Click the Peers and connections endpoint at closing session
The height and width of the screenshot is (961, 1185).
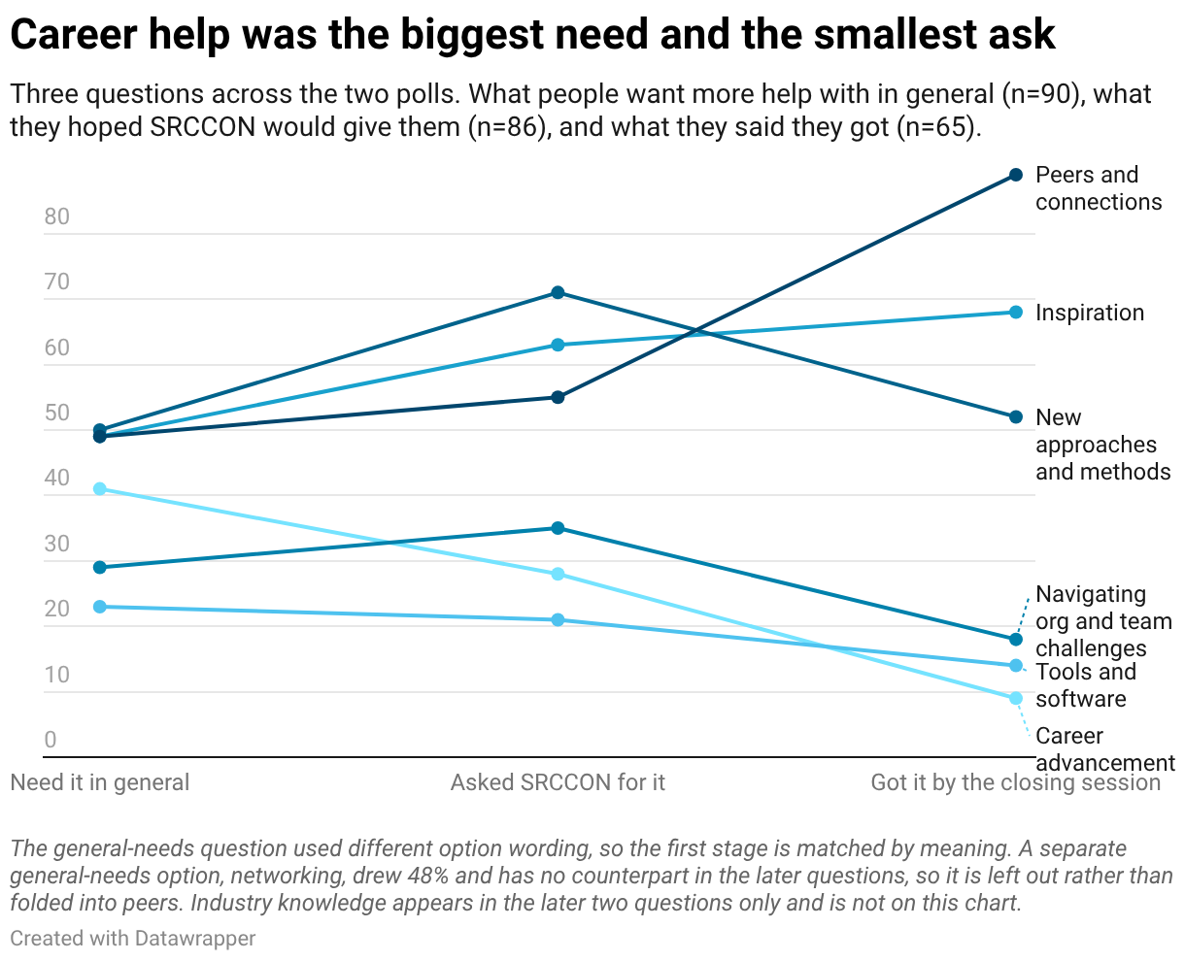[1015, 175]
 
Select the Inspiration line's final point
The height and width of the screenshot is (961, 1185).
[1015, 313]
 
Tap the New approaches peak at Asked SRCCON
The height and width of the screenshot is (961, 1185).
[558, 292]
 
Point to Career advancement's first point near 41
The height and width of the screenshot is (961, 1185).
[100, 488]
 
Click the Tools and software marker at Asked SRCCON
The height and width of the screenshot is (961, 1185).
[558, 619]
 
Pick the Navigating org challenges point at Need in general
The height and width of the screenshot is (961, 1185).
[100, 567]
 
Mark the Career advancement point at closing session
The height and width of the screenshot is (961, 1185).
[1015, 698]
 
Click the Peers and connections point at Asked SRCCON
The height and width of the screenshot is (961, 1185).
[558, 397]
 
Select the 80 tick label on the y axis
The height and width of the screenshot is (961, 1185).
[56, 216]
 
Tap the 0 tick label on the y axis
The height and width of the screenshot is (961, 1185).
[51, 740]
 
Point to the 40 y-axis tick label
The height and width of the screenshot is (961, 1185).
[56, 478]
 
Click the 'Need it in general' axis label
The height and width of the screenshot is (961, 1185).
[100, 782]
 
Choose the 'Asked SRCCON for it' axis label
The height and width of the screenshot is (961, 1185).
[558, 782]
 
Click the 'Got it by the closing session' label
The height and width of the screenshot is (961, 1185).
[1015, 782]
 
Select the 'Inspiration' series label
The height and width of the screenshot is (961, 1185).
[1089, 313]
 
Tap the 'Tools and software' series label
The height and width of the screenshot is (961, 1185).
[1085, 685]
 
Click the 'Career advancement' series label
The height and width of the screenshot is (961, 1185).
[1105, 749]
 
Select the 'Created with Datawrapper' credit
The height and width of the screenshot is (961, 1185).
[132, 939]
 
